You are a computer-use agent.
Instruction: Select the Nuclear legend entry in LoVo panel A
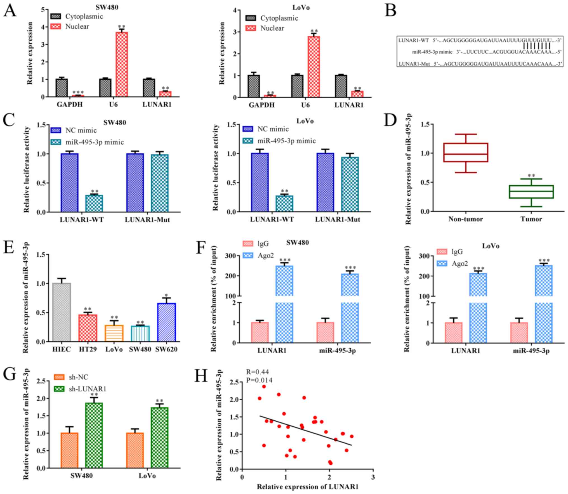tap(272, 29)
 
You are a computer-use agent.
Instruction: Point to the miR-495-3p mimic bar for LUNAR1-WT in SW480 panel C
tap(94, 203)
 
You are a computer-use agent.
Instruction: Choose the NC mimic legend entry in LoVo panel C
tap(273, 129)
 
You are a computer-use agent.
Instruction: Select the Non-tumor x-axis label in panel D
tap(466, 219)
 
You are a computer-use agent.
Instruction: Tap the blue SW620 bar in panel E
tap(167, 322)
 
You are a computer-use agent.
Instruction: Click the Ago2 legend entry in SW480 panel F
tap(265, 255)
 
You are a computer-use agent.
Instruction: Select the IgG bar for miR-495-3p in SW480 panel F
tap(325, 332)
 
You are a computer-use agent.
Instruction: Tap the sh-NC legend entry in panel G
tap(78, 377)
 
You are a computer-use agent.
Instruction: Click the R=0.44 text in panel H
tap(257, 372)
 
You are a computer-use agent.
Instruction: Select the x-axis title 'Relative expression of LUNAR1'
tap(308, 487)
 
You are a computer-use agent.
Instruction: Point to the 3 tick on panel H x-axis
tap(373, 477)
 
